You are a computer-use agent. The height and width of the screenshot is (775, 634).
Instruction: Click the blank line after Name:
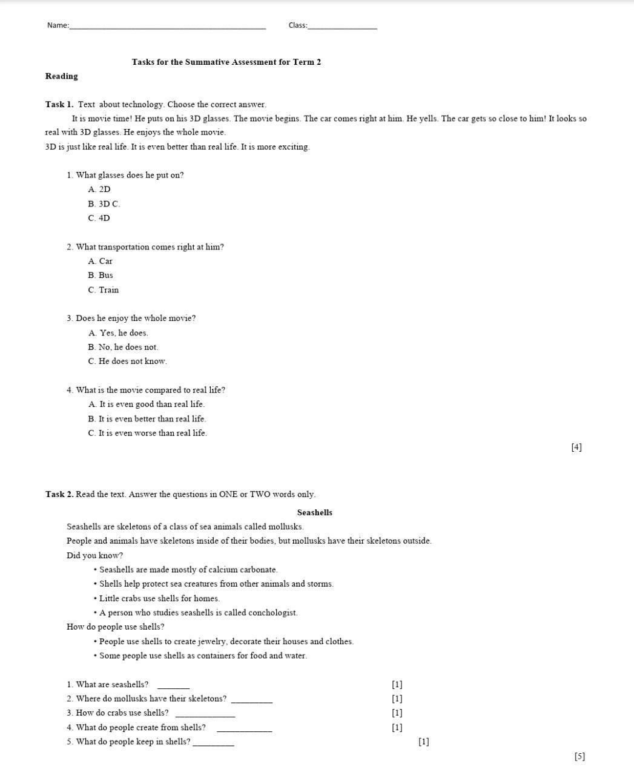click(167, 27)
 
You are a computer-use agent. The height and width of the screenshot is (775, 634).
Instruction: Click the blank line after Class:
click(342, 27)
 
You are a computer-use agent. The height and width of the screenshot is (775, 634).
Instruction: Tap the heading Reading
click(61, 76)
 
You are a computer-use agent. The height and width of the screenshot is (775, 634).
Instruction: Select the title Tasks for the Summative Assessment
click(226, 62)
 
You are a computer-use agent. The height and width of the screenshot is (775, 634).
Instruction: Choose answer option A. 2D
click(99, 190)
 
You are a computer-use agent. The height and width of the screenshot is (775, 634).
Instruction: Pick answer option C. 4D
click(99, 218)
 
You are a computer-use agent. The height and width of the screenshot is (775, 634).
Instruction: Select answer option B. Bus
click(101, 275)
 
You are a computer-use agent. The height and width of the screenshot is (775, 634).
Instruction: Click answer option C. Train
click(104, 290)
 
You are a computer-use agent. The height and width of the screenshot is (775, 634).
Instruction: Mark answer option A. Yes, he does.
click(118, 333)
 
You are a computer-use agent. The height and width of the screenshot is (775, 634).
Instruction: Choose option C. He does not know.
click(127, 361)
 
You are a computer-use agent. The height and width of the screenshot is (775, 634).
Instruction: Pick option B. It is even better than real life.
click(147, 419)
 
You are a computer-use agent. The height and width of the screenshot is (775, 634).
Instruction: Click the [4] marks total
click(576, 447)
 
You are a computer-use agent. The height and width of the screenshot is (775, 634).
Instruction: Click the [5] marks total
click(580, 756)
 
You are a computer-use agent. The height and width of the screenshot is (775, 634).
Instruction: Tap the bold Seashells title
click(314, 512)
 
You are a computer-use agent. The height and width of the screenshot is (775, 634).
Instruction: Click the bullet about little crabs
click(157, 599)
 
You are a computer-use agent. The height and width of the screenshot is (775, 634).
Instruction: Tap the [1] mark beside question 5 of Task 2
click(424, 742)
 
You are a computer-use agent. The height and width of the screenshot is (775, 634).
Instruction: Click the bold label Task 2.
click(59, 494)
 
